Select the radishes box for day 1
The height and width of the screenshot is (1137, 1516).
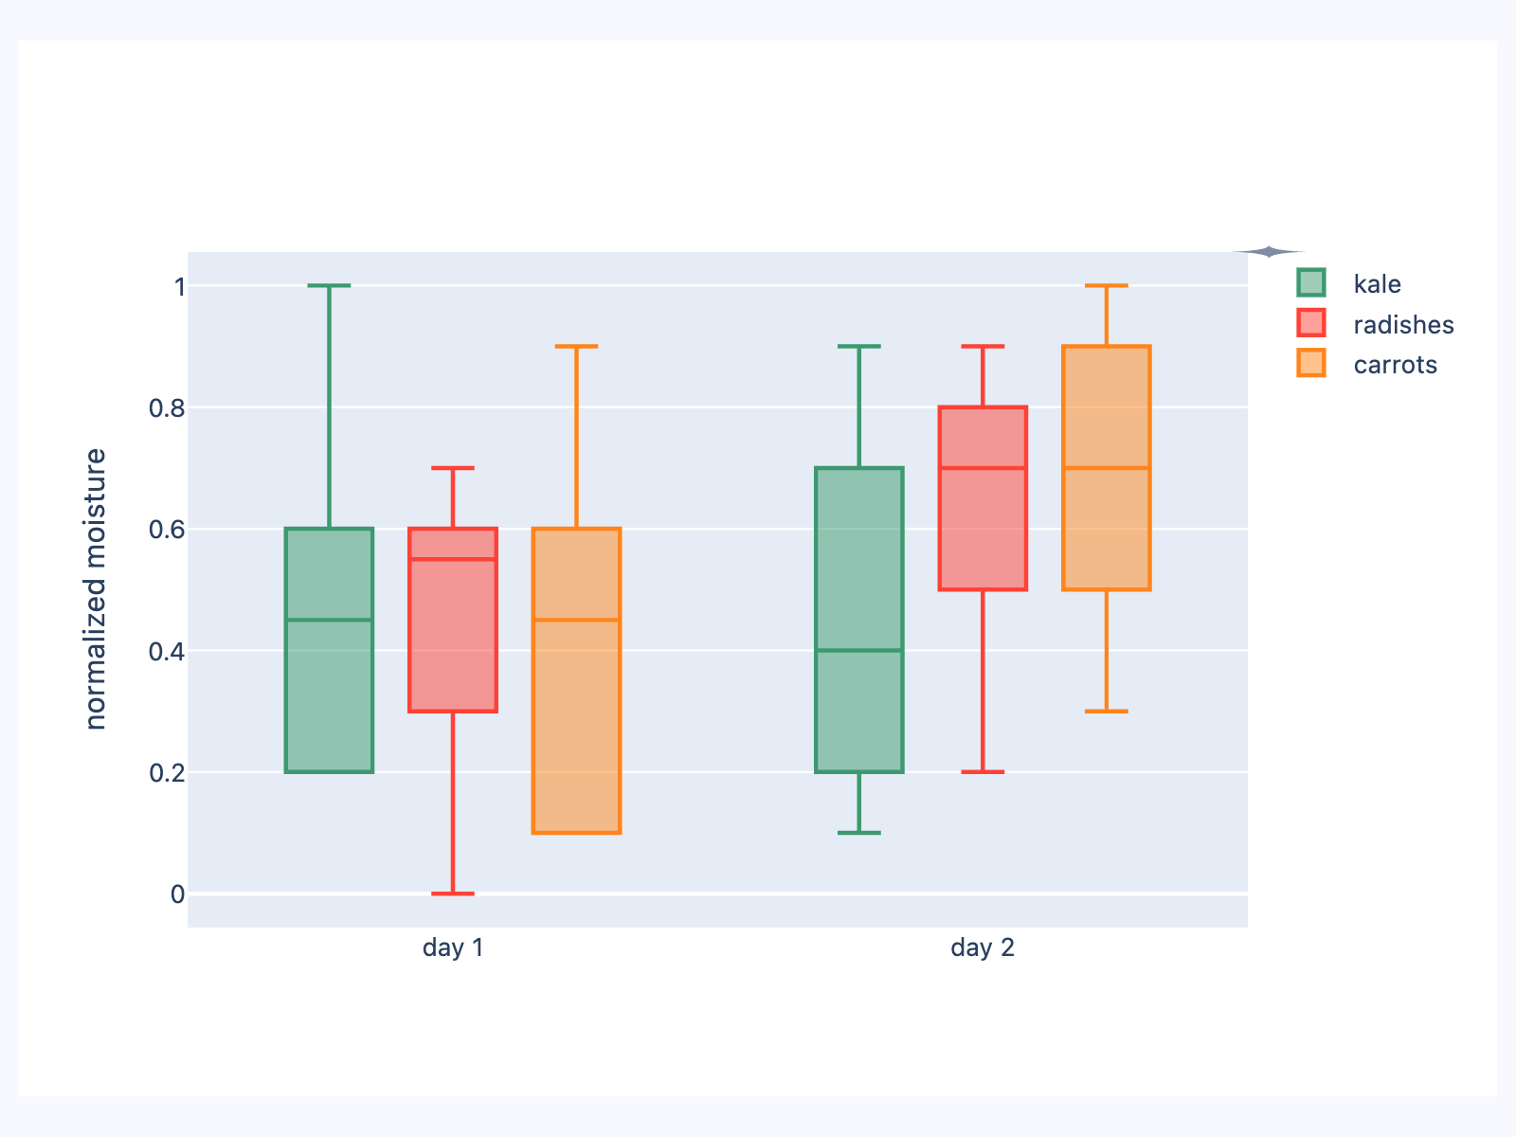point(453,644)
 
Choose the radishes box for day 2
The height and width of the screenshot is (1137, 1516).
point(983,531)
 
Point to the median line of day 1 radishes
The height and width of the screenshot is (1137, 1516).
point(453,559)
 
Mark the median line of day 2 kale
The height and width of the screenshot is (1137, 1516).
point(859,650)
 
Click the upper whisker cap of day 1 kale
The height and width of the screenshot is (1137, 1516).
point(330,285)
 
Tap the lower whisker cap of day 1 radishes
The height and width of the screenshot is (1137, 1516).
point(453,893)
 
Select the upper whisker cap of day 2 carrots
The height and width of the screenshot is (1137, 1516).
point(1106,285)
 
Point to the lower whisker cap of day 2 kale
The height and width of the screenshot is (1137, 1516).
point(859,833)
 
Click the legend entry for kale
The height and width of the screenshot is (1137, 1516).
point(1377,284)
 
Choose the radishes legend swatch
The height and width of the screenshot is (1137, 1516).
point(1311,324)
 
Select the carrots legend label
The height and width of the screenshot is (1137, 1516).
point(1395,366)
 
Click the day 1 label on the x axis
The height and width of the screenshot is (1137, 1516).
point(453,947)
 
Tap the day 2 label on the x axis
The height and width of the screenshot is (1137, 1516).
point(983,947)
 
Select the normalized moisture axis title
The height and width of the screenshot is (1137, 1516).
point(96,588)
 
